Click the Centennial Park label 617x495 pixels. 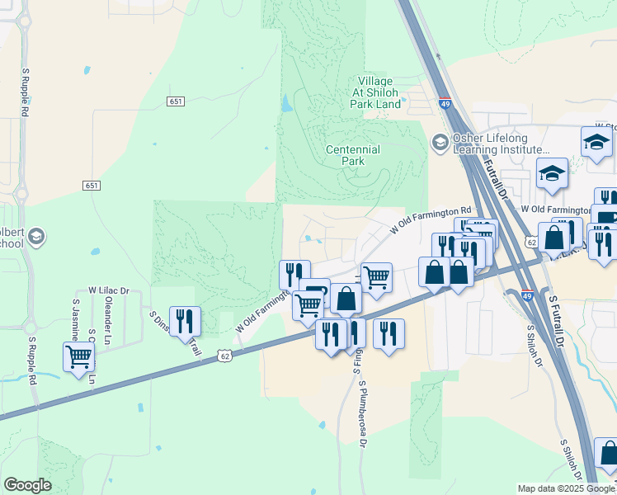click(x=352, y=155)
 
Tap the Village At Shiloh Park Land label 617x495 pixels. click(x=376, y=92)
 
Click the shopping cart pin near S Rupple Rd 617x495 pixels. click(x=78, y=357)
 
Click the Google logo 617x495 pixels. click(x=27, y=485)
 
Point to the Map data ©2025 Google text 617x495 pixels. click(x=565, y=488)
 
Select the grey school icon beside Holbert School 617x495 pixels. click(x=35, y=238)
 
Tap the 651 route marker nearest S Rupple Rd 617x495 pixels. click(x=91, y=186)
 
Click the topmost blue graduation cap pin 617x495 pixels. click(x=596, y=142)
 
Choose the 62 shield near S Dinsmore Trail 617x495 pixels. click(x=225, y=355)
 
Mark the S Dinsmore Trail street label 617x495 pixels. click(x=175, y=334)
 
